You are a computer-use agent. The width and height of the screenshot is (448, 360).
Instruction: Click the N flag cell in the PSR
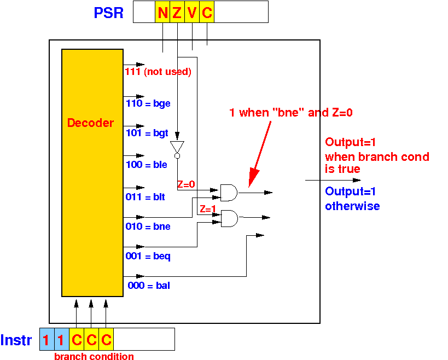pyautogui.click(x=162, y=11)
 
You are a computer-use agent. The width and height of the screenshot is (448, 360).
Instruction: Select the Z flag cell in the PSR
pyautogui.click(x=177, y=11)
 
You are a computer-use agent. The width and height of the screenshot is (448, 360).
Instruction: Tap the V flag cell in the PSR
pyautogui.click(x=192, y=11)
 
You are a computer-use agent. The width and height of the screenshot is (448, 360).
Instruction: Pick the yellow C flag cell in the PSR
pyautogui.click(x=207, y=11)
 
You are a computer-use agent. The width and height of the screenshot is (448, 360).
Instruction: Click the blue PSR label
pyautogui.click(x=108, y=13)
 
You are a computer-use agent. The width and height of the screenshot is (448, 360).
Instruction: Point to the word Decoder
pyautogui.click(x=90, y=123)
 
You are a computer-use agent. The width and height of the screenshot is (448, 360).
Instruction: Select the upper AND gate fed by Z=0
pyautogui.click(x=229, y=193)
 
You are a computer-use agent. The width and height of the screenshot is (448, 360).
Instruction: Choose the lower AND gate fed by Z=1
pyautogui.click(x=229, y=219)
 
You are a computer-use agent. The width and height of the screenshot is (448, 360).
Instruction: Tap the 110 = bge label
pyautogui.click(x=148, y=103)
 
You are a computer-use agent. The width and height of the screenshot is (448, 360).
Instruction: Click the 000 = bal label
pyautogui.click(x=149, y=286)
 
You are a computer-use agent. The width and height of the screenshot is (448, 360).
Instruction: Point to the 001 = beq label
pyautogui.click(x=148, y=256)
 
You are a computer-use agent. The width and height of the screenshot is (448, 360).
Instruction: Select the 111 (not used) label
pyautogui.click(x=158, y=72)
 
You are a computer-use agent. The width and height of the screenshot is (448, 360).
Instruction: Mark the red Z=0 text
pyautogui.click(x=186, y=184)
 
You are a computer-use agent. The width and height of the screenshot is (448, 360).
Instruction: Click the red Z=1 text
pyautogui.click(x=208, y=209)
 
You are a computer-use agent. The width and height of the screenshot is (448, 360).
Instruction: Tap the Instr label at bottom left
pyautogui.click(x=16, y=340)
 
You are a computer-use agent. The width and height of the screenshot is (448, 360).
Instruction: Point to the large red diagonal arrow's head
pyautogui.click(x=253, y=178)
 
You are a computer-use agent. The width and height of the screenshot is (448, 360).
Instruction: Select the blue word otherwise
pyautogui.click(x=352, y=206)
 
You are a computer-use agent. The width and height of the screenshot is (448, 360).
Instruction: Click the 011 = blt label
pyautogui.click(x=145, y=197)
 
